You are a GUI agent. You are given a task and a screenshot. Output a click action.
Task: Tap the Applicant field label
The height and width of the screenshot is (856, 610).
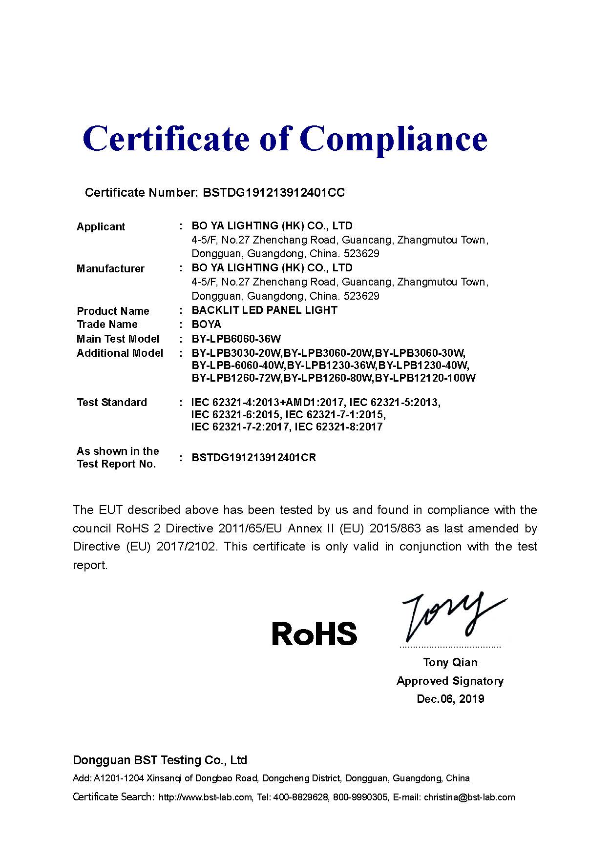click(101, 226)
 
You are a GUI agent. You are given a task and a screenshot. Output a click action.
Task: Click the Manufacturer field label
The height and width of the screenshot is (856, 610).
click(110, 268)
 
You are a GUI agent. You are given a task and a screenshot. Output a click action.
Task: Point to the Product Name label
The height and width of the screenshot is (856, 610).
click(113, 311)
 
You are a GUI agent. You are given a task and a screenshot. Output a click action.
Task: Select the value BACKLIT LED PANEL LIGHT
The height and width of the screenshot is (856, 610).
click(264, 310)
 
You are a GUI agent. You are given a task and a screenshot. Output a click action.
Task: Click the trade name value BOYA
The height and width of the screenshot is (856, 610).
click(206, 325)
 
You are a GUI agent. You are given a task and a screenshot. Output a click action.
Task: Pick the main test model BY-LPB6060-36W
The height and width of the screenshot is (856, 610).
click(236, 339)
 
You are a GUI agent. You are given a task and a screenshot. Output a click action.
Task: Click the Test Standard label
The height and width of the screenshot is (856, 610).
click(112, 402)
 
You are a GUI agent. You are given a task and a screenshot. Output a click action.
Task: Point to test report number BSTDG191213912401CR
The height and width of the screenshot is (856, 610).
click(253, 458)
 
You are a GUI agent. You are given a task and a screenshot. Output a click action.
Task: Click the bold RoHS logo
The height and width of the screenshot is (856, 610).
click(314, 633)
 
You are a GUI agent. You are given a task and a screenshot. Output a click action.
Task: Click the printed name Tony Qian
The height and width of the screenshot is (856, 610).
click(450, 662)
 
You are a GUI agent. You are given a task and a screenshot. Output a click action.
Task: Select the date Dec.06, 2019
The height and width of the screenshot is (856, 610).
click(450, 699)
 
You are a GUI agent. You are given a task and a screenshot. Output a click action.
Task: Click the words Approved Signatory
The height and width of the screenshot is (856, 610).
click(450, 681)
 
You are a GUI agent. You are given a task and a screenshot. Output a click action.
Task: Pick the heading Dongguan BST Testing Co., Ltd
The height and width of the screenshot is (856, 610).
click(160, 760)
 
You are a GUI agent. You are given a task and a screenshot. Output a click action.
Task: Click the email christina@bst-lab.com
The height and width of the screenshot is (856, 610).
click(469, 797)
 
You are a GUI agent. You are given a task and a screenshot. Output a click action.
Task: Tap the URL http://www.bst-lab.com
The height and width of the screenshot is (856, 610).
click(205, 797)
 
